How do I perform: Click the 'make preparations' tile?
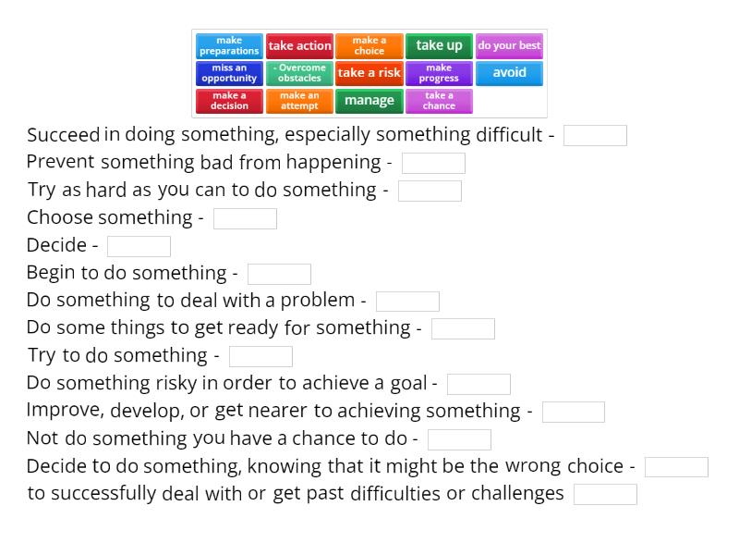point(229,46)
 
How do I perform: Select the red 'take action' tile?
point(299,46)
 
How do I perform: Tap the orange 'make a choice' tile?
point(369,46)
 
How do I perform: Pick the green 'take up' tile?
point(439,46)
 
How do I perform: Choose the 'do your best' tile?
point(509,46)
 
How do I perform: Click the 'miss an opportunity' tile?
point(229,73)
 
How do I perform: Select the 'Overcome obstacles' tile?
point(299,73)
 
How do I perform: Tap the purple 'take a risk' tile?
point(369,73)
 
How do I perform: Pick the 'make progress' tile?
point(439,73)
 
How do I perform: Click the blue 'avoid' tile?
point(509,73)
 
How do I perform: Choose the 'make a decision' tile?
point(229,101)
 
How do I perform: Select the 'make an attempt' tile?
point(299,101)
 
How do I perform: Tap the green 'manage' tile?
point(369,101)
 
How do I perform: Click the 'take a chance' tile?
point(439,101)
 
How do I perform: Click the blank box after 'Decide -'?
point(139,246)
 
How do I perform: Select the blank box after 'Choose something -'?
point(245,218)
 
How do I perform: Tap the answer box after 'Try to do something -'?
point(260,356)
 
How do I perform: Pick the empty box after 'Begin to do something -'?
point(279,274)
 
